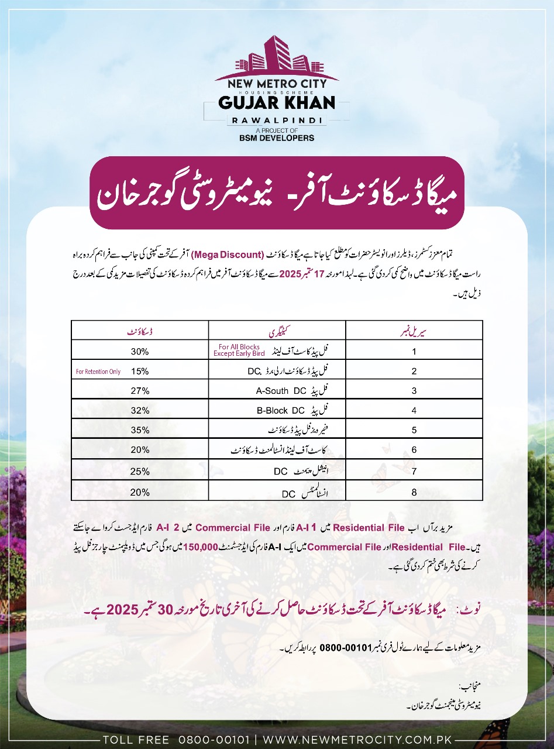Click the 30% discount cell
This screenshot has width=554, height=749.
pyautogui.click(x=140, y=352)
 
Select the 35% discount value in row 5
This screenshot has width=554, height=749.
pyautogui.click(x=140, y=430)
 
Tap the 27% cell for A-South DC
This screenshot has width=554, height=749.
pyautogui.click(x=140, y=391)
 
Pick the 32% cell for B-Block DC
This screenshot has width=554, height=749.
pyautogui.click(x=140, y=411)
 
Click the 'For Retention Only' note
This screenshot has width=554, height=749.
pyautogui.click(x=98, y=372)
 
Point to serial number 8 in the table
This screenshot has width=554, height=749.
pyautogui.click(x=414, y=492)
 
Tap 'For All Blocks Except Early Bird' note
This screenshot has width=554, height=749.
pyautogui.click(x=239, y=351)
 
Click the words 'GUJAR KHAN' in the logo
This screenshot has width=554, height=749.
pyautogui.click(x=277, y=102)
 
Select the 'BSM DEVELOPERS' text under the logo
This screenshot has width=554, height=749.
pyautogui.click(x=277, y=138)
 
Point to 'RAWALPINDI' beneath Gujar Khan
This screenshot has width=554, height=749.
pyautogui.click(x=277, y=119)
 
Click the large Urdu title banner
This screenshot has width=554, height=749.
pyautogui.click(x=277, y=193)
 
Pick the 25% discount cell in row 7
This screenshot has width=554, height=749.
pyautogui.click(x=140, y=471)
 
